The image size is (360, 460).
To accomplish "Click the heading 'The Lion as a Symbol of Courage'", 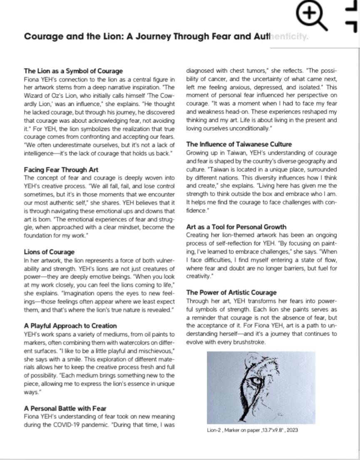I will click(73, 71).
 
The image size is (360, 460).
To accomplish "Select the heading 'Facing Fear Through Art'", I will click(61, 170).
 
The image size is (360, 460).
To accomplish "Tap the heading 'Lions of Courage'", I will click(49, 252).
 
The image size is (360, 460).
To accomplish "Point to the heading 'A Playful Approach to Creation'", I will click(70, 326).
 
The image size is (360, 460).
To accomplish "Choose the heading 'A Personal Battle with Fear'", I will click(65, 408).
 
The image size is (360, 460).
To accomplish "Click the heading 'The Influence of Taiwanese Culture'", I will click(239, 144).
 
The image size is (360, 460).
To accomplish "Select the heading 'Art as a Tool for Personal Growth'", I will click(236, 227).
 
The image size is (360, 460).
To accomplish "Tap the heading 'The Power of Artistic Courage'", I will click(231, 292).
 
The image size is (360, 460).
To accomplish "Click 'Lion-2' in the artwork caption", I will click(215, 430).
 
